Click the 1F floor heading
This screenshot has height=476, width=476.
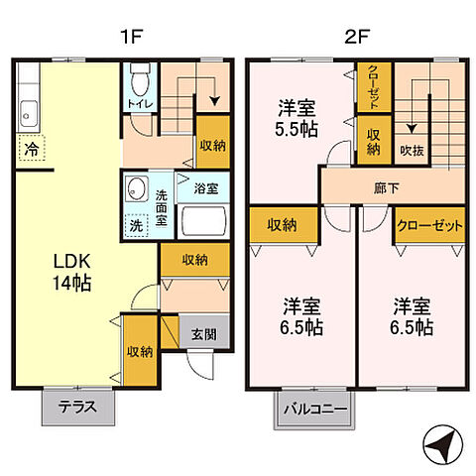pos(133,39)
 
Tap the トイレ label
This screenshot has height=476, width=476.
pos(138,103)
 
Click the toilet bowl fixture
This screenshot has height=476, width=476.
pos(139,77)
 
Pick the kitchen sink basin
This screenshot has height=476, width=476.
pos(26,116)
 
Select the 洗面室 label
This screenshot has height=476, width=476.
pos(161,202)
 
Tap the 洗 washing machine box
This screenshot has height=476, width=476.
pos(134,225)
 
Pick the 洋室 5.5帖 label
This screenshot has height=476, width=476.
pos(297,118)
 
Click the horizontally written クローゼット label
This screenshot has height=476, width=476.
pos(429,225)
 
